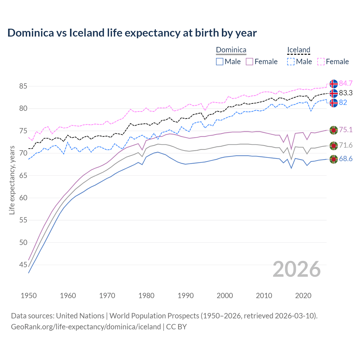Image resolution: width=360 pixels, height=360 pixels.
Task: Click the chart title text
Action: pos(132,33)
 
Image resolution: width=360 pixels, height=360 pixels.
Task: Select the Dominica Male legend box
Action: pos(220,62)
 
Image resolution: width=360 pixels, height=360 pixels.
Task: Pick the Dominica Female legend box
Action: pos(250,62)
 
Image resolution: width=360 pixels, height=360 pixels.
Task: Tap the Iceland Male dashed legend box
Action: pos(291,62)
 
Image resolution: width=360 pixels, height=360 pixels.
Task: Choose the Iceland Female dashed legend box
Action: pos(321,62)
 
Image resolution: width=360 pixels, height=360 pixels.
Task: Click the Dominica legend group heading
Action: pos(231,50)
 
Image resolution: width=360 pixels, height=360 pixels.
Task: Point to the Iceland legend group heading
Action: pos(298,50)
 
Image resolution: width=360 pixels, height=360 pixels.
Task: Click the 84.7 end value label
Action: pos(346,83)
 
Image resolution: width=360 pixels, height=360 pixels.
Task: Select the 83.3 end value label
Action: pos(346,93)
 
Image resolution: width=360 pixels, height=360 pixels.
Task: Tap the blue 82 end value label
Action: pos(343,102)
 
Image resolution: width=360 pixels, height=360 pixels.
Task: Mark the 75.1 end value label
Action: pos(346,130)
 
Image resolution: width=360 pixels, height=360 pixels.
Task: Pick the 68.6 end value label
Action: pos(346,159)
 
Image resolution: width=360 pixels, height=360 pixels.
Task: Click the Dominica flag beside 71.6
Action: pos(334,145)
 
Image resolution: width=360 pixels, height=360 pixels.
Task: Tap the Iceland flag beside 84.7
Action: pos(334,84)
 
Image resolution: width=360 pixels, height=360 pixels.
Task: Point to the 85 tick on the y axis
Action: pos(23,86)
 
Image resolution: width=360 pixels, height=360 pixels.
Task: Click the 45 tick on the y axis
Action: pos(23,265)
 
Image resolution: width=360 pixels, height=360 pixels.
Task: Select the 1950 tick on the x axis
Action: pos(29,296)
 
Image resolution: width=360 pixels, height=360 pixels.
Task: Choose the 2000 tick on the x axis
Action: pos(225,296)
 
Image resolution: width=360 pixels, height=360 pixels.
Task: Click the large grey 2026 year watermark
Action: pos(297,269)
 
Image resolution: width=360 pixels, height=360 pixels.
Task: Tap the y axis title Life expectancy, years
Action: pos(12,180)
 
